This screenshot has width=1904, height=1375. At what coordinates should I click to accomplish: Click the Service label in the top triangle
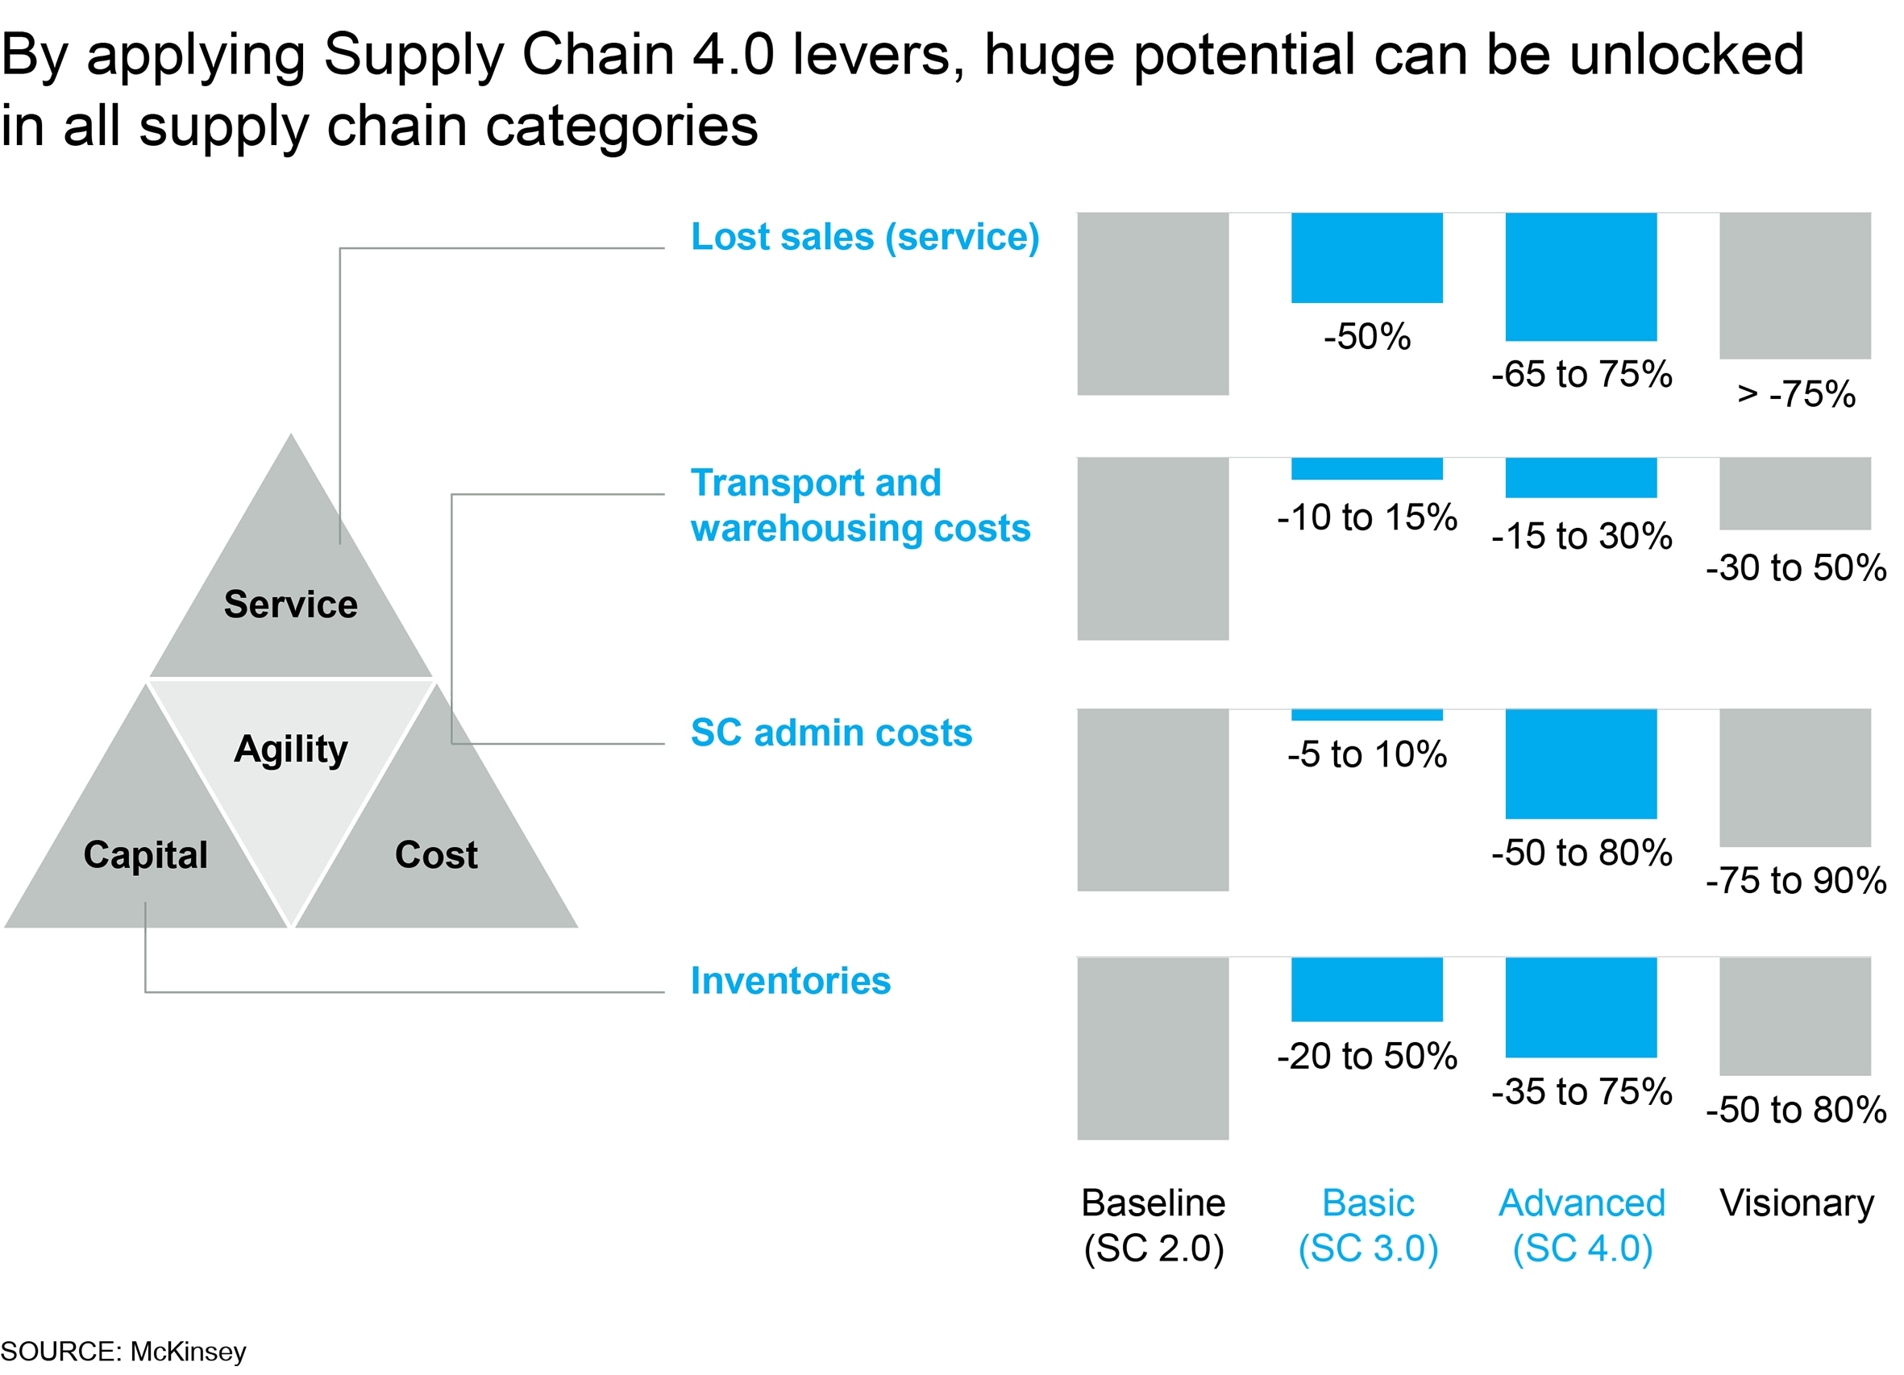point(290,604)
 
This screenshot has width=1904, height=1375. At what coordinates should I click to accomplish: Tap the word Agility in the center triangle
point(290,749)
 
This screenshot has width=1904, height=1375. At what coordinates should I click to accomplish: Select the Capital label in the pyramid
point(145,854)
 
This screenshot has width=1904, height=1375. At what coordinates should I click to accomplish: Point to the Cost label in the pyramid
point(436,854)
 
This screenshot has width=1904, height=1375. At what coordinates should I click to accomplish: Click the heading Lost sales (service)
point(865,237)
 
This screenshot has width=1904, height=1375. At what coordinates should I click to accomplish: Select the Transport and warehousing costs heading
point(859,505)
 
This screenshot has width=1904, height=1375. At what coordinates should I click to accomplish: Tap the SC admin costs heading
point(831,732)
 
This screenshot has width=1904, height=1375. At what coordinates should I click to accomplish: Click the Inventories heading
point(790,980)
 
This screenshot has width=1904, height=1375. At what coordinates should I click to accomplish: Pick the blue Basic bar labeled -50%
point(1366,258)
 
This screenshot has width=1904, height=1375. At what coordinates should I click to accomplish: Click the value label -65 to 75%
point(1582,375)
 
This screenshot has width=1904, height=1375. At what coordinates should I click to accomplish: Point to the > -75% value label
point(1796,393)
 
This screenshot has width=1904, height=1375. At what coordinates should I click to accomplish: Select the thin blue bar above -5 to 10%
point(1366,715)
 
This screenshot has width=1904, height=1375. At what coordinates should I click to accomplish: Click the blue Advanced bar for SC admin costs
point(1581,764)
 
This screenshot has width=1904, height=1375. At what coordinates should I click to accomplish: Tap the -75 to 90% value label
point(1796,881)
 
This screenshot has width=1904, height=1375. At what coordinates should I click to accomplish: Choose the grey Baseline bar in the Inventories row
point(1153,1049)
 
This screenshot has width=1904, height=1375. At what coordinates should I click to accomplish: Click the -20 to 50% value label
point(1366,1056)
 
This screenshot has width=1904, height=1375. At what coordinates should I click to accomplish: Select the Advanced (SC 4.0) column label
point(1582,1226)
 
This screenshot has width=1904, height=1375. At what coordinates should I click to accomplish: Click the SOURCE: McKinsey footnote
point(123,1352)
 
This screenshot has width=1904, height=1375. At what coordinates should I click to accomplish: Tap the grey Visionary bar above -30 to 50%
point(1795,493)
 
